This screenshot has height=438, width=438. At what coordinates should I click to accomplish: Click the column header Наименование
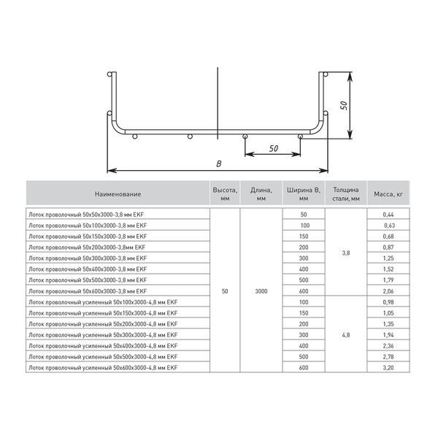tap(118, 194)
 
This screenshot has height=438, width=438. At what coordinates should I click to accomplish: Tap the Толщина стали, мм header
tap(344, 193)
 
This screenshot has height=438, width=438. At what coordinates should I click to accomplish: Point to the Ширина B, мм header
tap(304, 193)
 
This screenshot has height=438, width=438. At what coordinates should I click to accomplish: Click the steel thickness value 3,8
tap(345, 253)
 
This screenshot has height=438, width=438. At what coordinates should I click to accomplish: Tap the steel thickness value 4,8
tap(345, 334)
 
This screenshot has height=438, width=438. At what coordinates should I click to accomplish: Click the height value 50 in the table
tap(225, 291)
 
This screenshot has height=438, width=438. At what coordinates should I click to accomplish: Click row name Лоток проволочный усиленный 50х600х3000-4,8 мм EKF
tap(103, 367)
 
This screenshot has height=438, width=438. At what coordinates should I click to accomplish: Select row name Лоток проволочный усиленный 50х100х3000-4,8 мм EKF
tap(103, 301)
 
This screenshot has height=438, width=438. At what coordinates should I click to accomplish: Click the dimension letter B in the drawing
tap(218, 164)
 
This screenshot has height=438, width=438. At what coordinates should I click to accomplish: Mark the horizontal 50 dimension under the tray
tap(274, 148)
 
